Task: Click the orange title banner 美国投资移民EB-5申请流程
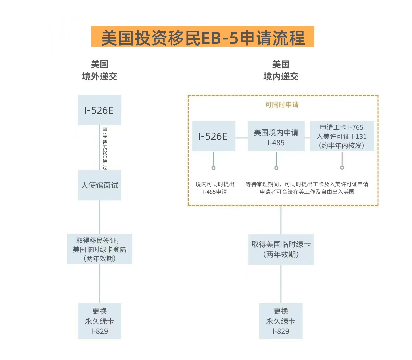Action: tap(203, 37)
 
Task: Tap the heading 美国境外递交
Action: tap(99, 70)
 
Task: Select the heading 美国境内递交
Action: tap(281, 70)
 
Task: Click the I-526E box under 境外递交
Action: tap(99, 110)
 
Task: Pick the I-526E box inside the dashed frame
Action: tap(213, 136)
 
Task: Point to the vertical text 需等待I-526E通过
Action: tap(105, 148)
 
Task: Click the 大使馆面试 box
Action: tap(99, 185)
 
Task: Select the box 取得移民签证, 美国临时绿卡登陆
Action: tap(99, 249)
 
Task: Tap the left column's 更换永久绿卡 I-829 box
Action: tap(99, 321)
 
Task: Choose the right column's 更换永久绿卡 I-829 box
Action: tap(281, 321)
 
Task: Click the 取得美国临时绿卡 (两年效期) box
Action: tap(281, 249)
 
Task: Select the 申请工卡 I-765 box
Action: tap(342, 136)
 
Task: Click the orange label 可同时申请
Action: tap(282, 105)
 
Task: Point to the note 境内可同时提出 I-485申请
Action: tap(215, 188)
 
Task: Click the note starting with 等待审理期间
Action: tap(307, 188)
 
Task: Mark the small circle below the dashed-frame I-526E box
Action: tap(213, 168)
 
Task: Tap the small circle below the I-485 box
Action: tap(276, 168)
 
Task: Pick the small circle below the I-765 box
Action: tap(342, 168)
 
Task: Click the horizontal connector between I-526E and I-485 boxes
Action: tap(241, 138)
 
